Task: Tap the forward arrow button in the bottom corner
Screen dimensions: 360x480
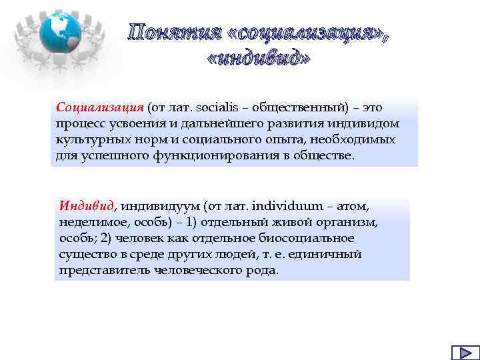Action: click(x=461, y=353)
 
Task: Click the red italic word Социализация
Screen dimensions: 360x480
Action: click(x=100, y=108)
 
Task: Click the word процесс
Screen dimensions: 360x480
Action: click(x=80, y=124)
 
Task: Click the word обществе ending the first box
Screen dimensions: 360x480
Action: click(x=324, y=156)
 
